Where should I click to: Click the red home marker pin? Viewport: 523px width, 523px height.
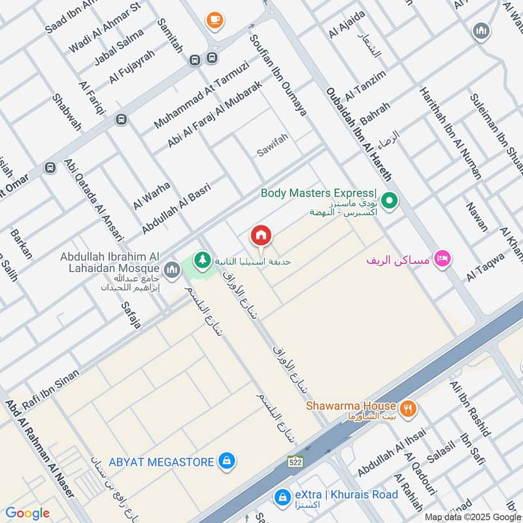(261, 235)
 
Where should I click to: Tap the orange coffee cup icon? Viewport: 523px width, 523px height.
(214, 20)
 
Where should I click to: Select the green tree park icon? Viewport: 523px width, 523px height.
(203, 260)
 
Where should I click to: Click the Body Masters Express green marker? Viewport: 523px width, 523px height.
(390, 201)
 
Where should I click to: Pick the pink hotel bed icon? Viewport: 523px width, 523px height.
(443, 260)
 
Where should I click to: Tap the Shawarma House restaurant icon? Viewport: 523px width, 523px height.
(409, 409)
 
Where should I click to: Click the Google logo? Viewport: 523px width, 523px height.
(27, 513)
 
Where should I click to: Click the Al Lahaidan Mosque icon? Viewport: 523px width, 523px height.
(172, 269)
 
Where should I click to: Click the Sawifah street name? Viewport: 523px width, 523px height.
(272, 150)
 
